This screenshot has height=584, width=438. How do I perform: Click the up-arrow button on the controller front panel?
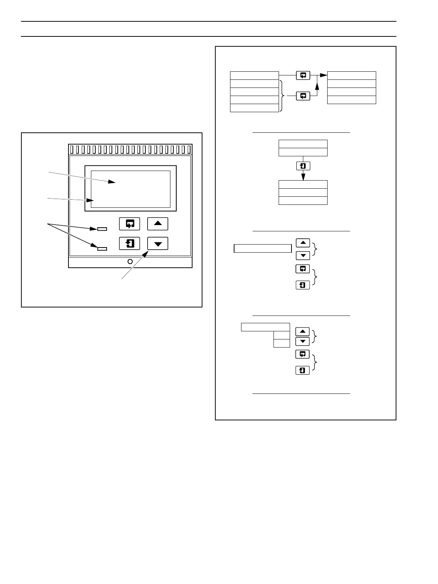click(x=158, y=224)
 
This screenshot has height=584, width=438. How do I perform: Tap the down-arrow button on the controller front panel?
click(x=158, y=243)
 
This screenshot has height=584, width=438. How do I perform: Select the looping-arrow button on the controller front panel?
click(x=130, y=224)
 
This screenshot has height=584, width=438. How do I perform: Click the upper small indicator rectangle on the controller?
click(x=102, y=229)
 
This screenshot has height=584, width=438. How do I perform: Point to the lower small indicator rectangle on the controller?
click(x=102, y=249)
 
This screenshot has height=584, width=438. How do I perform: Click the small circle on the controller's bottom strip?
click(x=130, y=262)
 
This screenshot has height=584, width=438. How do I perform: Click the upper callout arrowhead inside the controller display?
click(x=111, y=182)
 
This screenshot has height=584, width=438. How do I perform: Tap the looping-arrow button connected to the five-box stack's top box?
click(x=303, y=75)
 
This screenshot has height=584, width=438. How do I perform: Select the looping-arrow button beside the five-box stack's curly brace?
click(x=303, y=96)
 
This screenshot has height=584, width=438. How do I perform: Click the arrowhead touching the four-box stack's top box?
click(x=324, y=75)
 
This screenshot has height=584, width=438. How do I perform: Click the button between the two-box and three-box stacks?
click(x=303, y=166)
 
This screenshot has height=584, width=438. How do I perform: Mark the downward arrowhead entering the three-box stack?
click(x=303, y=177)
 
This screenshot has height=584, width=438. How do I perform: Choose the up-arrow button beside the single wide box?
click(x=303, y=243)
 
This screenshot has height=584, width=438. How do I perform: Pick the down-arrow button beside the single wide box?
click(x=303, y=255)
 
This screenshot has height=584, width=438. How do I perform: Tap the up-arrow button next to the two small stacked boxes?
click(x=303, y=331)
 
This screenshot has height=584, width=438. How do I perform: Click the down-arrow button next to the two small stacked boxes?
click(x=303, y=342)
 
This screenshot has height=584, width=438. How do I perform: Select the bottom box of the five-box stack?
click(x=254, y=108)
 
